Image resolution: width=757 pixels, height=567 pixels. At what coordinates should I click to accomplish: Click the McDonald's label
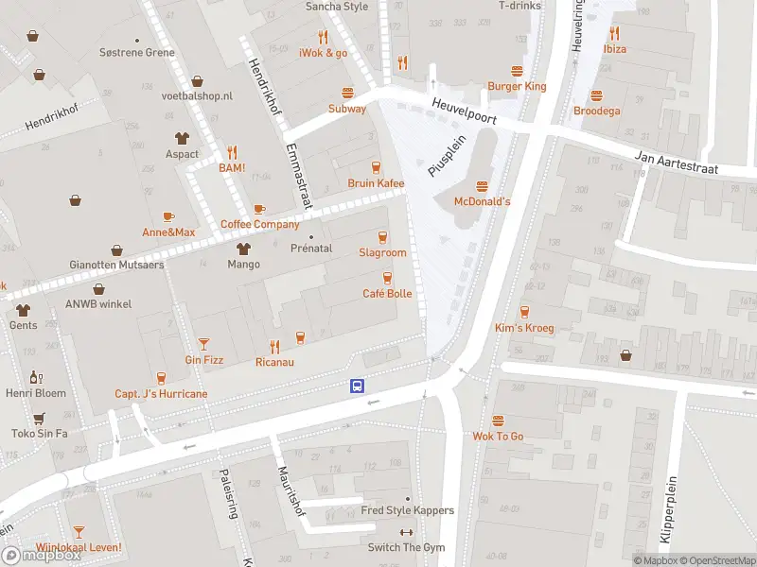point(483,201)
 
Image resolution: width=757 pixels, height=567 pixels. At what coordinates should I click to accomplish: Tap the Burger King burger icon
point(517,71)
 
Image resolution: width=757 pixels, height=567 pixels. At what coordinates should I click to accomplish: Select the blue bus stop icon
point(358,386)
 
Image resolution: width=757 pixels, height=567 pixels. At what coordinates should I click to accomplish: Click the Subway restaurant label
point(347,109)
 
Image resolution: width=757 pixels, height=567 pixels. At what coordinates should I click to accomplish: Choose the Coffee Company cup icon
point(259,209)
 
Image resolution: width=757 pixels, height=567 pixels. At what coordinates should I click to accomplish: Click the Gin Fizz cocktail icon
point(203,343)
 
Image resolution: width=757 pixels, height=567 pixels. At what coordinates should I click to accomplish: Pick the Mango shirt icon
point(243,249)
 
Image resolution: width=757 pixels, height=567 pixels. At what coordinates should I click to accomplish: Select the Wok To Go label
point(498,437)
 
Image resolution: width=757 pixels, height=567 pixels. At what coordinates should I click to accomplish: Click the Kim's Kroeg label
point(523,328)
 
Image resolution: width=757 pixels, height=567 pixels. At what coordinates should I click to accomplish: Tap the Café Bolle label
point(387,294)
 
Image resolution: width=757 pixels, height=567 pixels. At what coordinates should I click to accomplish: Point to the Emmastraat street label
point(297,176)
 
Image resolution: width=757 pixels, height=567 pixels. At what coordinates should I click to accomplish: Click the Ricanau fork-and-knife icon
point(274,346)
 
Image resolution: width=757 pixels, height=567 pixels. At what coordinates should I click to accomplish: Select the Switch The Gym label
point(408,548)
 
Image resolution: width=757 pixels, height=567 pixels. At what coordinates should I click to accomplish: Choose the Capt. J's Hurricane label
point(161,393)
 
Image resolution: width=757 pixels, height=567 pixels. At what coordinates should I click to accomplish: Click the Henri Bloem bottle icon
point(36,377)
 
